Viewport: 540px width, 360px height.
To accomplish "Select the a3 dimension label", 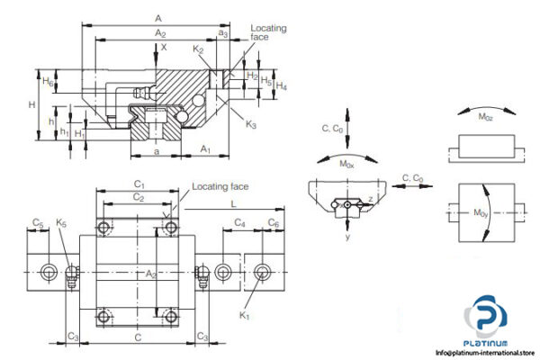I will tap(222, 33).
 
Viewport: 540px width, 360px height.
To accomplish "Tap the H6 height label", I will tap(51, 82).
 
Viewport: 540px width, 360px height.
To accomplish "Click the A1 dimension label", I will tap(205, 148).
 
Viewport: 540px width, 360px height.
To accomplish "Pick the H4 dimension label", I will tap(282, 87).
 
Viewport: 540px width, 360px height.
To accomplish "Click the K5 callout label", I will tap(60, 222).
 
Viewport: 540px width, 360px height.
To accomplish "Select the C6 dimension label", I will tap(274, 222).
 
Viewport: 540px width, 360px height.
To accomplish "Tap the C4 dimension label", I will tap(240, 222).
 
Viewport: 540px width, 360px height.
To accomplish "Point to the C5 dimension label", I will tap(38, 222).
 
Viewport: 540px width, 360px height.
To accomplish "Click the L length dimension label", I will tap(232, 206).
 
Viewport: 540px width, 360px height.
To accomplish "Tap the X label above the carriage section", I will tap(163, 47).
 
